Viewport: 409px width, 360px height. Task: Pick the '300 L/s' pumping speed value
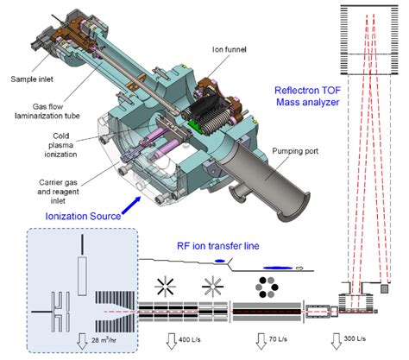pyautogui.click(x=363, y=341)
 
